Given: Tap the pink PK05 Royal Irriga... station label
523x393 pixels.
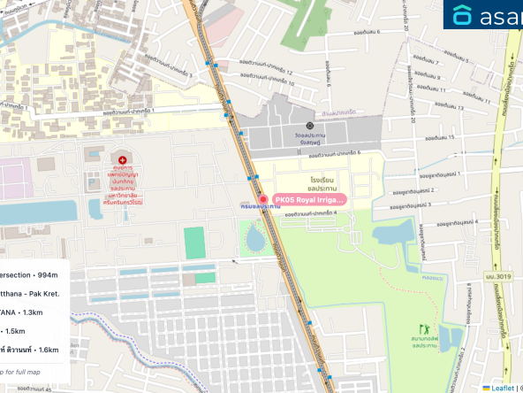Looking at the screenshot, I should click(308, 200).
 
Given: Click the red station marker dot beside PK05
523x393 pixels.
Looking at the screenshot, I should click(262, 198).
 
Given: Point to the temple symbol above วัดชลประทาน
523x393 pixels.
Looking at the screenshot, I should click(309, 127).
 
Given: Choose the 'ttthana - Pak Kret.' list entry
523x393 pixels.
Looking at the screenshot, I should click(30, 293).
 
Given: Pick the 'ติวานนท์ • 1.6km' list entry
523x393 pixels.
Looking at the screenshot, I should click(30, 350).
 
